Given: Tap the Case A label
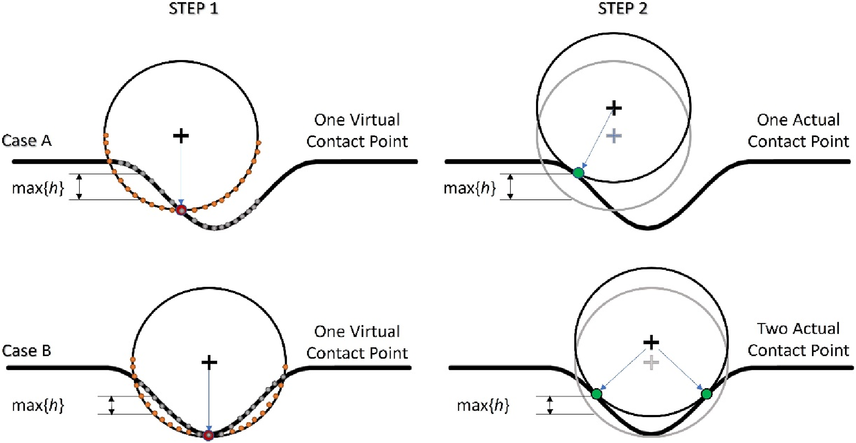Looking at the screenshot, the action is (x=27, y=141).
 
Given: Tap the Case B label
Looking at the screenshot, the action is (x=27, y=350).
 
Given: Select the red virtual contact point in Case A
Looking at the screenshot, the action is (x=181, y=210).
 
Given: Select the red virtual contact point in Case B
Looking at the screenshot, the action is (x=208, y=435).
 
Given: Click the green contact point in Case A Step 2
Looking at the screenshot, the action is (x=578, y=173).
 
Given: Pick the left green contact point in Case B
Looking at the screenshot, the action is (x=597, y=394).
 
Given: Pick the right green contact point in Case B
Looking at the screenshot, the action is (x=707, y=394).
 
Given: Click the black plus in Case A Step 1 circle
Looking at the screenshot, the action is (x=181, y=136).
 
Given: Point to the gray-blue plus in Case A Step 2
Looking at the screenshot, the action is (x=614, y=136).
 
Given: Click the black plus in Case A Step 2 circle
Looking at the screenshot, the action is (x=614, y=108).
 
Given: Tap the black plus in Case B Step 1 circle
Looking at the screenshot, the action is (x=209, y=362).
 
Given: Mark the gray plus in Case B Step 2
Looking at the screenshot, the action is (x=651, y=363).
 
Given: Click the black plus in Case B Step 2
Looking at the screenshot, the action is (x=651, y=342).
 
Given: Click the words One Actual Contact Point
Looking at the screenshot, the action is (x=798, y=131).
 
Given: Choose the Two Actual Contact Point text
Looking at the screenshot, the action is (x=798, y=339).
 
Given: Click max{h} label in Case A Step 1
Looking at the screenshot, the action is (x=38, y=188).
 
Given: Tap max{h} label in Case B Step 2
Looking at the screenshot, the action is (x=483, y=405).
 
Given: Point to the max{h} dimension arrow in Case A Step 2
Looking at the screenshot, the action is (x=510, y=187).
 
